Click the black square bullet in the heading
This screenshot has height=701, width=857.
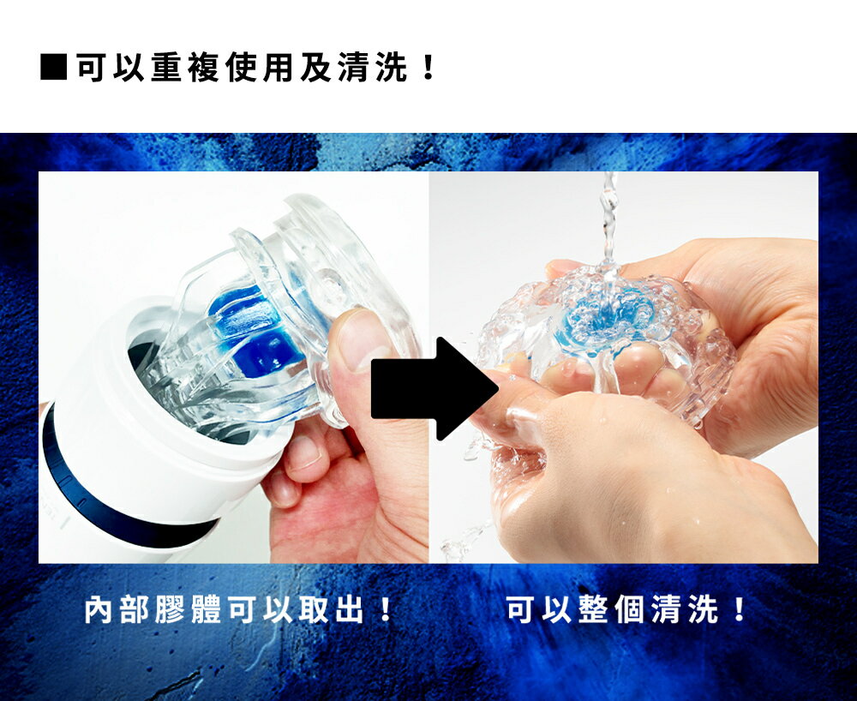pos(53,67)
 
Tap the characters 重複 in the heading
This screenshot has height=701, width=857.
pos(185,67)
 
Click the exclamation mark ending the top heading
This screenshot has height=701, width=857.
pos(428,67)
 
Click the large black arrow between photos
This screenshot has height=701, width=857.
pos(434,388)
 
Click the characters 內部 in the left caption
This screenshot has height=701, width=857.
pos(117,610)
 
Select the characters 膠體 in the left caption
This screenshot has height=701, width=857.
pos(188,610)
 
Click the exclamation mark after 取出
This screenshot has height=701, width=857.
pos(386,610)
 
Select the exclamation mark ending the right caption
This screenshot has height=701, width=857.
pos(740,610)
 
